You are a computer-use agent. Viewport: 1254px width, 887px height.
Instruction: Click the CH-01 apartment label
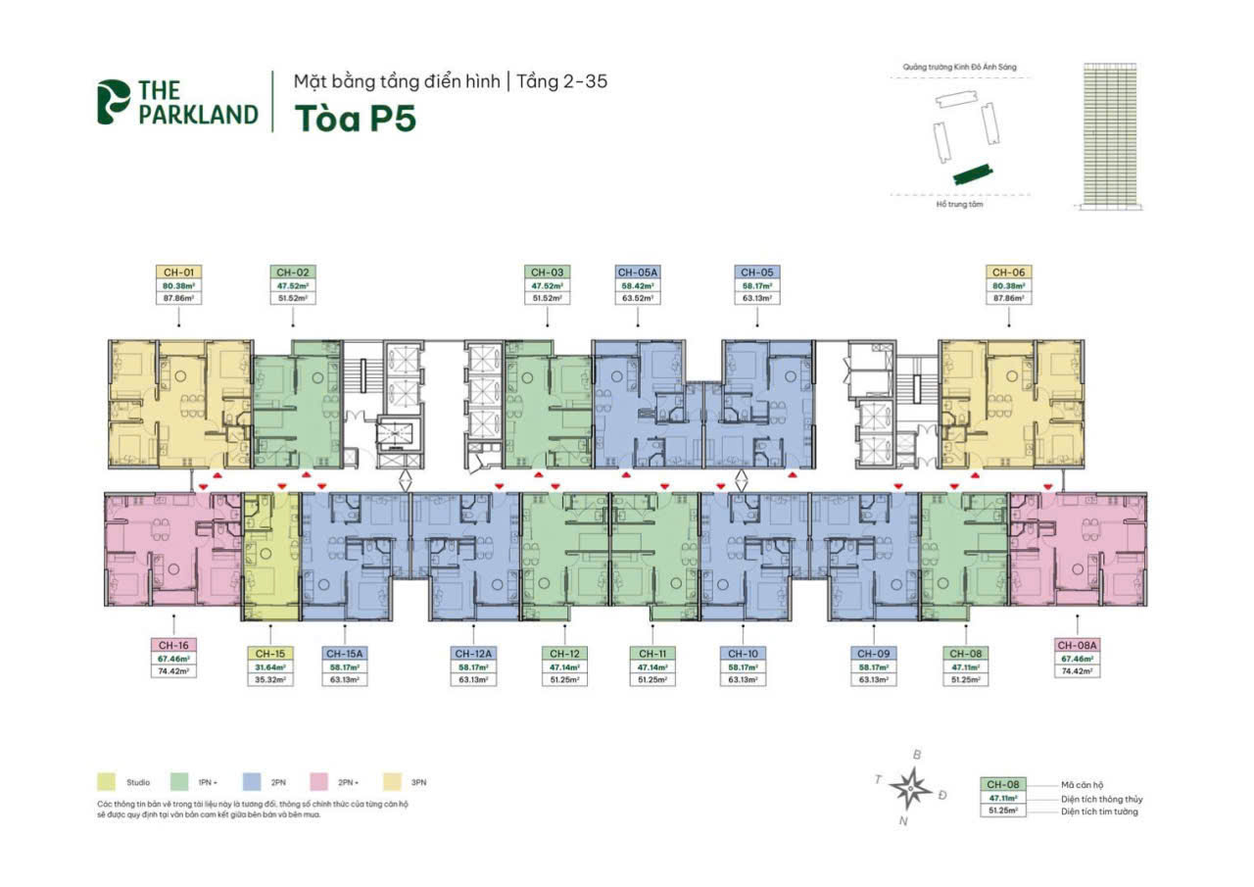click(177, 271)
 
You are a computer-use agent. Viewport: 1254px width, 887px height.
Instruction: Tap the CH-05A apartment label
click(638, 271)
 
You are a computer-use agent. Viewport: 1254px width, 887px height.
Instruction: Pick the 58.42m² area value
click(638, 284)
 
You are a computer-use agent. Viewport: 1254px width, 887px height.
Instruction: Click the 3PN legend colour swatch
click(389, 782)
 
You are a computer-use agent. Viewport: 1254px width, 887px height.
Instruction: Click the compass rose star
click(912, 785)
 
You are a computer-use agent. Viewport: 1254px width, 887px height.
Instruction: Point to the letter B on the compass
click(917, 755)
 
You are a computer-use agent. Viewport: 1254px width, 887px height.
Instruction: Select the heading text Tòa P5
click(355, 117)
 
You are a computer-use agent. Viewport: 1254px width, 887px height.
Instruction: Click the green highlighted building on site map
click(972, 173)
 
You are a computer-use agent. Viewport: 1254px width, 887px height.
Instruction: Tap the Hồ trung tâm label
click(959, 205)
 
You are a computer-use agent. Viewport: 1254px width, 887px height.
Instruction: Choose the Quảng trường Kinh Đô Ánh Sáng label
click(960, 67)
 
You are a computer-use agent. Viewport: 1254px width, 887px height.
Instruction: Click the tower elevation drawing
click(1112, 135)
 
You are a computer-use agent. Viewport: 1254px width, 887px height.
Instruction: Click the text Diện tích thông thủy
click(1101, 799)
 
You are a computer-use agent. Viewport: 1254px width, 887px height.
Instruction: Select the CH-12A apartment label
click(472, 653)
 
